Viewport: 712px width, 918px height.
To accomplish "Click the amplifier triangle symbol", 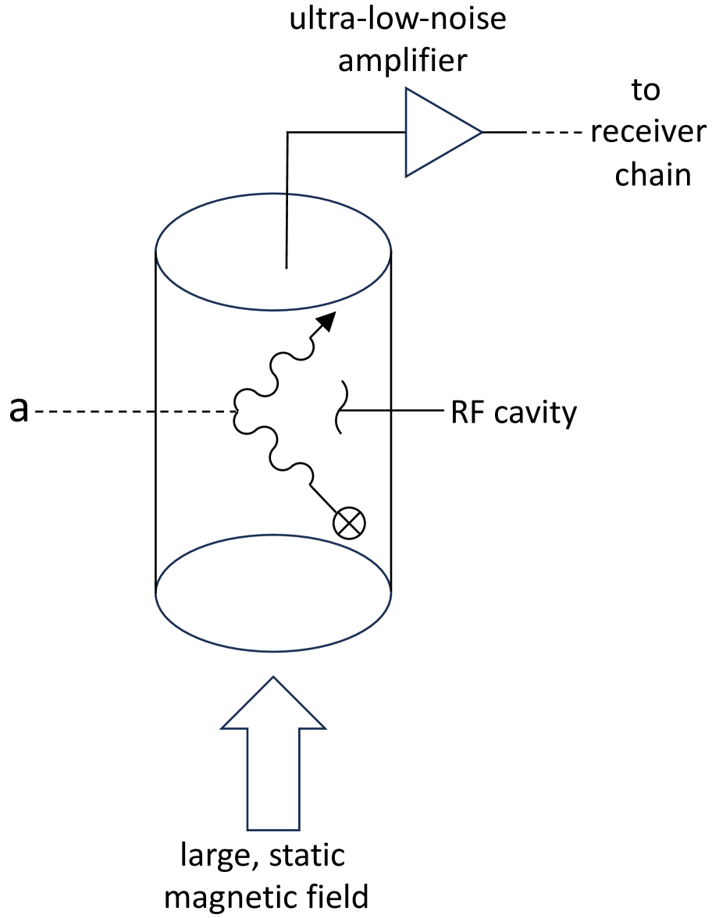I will (x=437, y=132).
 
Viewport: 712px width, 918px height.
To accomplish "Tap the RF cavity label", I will (x=514, y=412).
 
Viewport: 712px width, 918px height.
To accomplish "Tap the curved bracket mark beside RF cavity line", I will (x=341, y=406).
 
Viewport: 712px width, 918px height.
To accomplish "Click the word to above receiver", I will (x=646, y=91).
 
